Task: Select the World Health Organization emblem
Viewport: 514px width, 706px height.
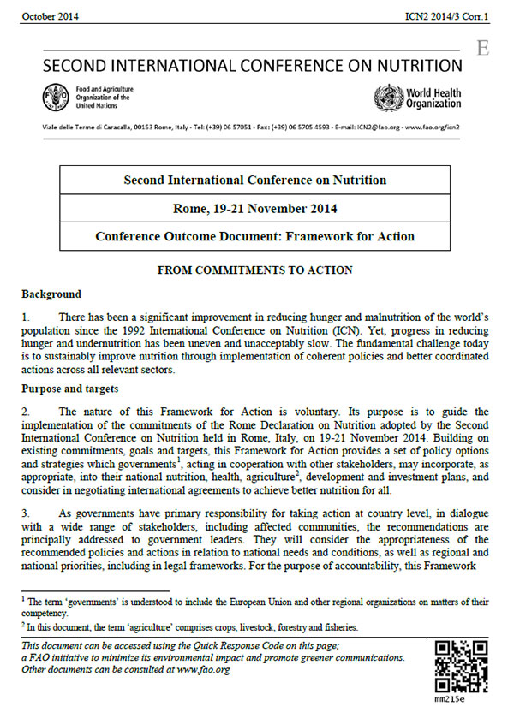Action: click(387, 97)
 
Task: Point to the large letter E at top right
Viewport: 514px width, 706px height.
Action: click(483, 49)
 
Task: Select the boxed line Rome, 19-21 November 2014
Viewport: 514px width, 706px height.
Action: click(254, 208)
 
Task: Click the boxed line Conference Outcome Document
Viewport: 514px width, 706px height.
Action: click(254, 236)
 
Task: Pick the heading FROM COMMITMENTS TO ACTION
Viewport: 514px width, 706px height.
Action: click(254, 270)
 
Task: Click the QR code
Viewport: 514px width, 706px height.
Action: click(460, 664)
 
